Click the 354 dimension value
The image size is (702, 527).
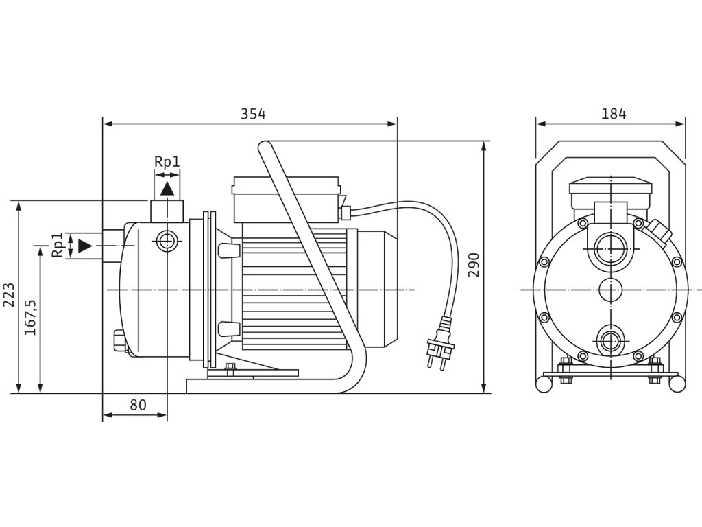coord(253,115)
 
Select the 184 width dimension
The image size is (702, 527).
coord(614,115)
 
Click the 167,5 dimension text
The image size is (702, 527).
coord(31,316)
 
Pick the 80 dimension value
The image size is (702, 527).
coord(138,405)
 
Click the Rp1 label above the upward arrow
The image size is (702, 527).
coord(167,162)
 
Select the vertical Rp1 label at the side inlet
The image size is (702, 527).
coord(58,245)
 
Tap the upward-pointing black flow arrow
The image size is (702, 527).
coord(167,188)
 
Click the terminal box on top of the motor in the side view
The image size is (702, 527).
coord(287,199)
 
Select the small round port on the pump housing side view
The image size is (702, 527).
coord(166,241)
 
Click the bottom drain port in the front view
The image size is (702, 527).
coord(610,340)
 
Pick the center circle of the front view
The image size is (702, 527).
coord(610,290)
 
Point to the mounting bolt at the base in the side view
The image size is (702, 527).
coord(230,368)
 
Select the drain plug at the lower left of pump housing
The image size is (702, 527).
coord(117,342)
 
